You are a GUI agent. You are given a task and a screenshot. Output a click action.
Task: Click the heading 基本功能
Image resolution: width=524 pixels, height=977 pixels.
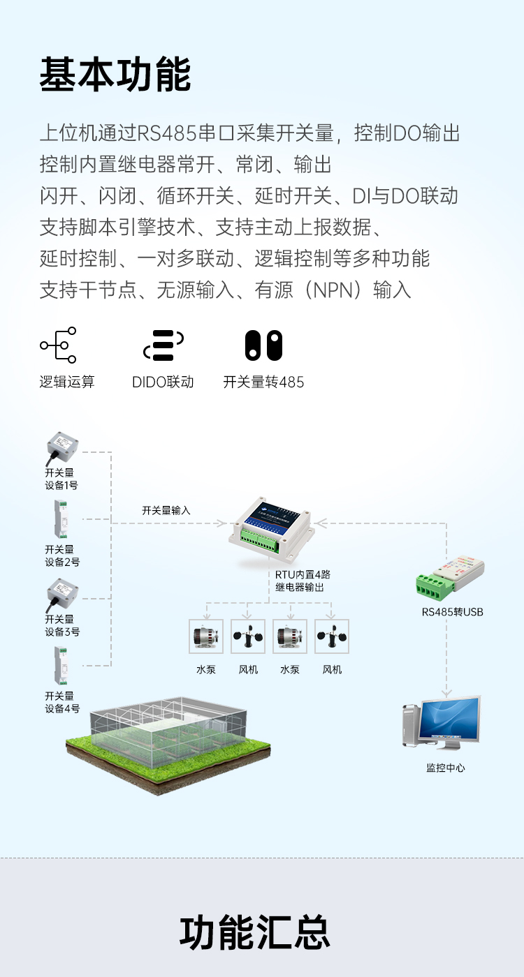115,75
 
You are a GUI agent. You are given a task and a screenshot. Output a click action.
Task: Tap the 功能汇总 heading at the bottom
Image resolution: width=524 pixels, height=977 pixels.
255,932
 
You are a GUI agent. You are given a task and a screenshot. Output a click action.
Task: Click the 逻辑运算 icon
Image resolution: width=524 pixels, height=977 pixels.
59,345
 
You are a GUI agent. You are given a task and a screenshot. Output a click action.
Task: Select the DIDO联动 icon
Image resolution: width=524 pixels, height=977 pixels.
163,345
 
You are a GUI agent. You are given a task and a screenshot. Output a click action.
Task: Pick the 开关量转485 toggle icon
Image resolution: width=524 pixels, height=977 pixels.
263,345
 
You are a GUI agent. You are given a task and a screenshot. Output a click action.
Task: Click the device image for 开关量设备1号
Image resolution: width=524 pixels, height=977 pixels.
61,448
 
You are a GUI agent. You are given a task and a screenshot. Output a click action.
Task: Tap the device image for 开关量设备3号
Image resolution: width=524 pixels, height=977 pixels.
61,595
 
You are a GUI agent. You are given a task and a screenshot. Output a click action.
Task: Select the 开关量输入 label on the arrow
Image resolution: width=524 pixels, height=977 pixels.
166,510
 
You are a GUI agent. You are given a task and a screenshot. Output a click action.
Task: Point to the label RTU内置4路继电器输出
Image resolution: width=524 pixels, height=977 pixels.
302,581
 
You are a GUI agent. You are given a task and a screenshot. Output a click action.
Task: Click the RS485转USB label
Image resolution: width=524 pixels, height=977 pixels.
452,612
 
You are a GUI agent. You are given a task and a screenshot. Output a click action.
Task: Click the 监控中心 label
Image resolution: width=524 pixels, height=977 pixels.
446,768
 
